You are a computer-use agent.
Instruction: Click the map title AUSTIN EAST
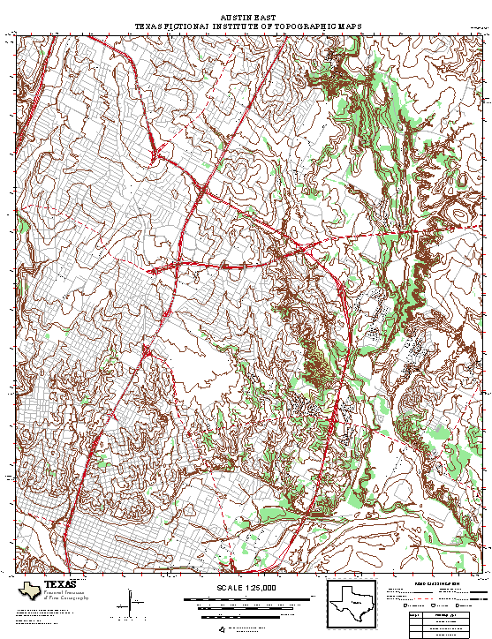click(247, 18)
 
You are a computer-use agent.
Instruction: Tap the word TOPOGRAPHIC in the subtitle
click(301, 26)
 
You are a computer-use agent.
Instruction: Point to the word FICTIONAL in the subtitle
click(181, 26)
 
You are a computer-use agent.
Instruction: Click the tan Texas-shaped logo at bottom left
click(29, 590)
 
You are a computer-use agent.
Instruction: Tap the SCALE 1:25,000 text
click(246, 588)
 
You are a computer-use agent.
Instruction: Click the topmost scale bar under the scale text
click(246, 599)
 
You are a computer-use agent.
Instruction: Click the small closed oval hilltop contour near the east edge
click(458, 214)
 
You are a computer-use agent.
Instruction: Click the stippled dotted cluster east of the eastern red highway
click(379, 332)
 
